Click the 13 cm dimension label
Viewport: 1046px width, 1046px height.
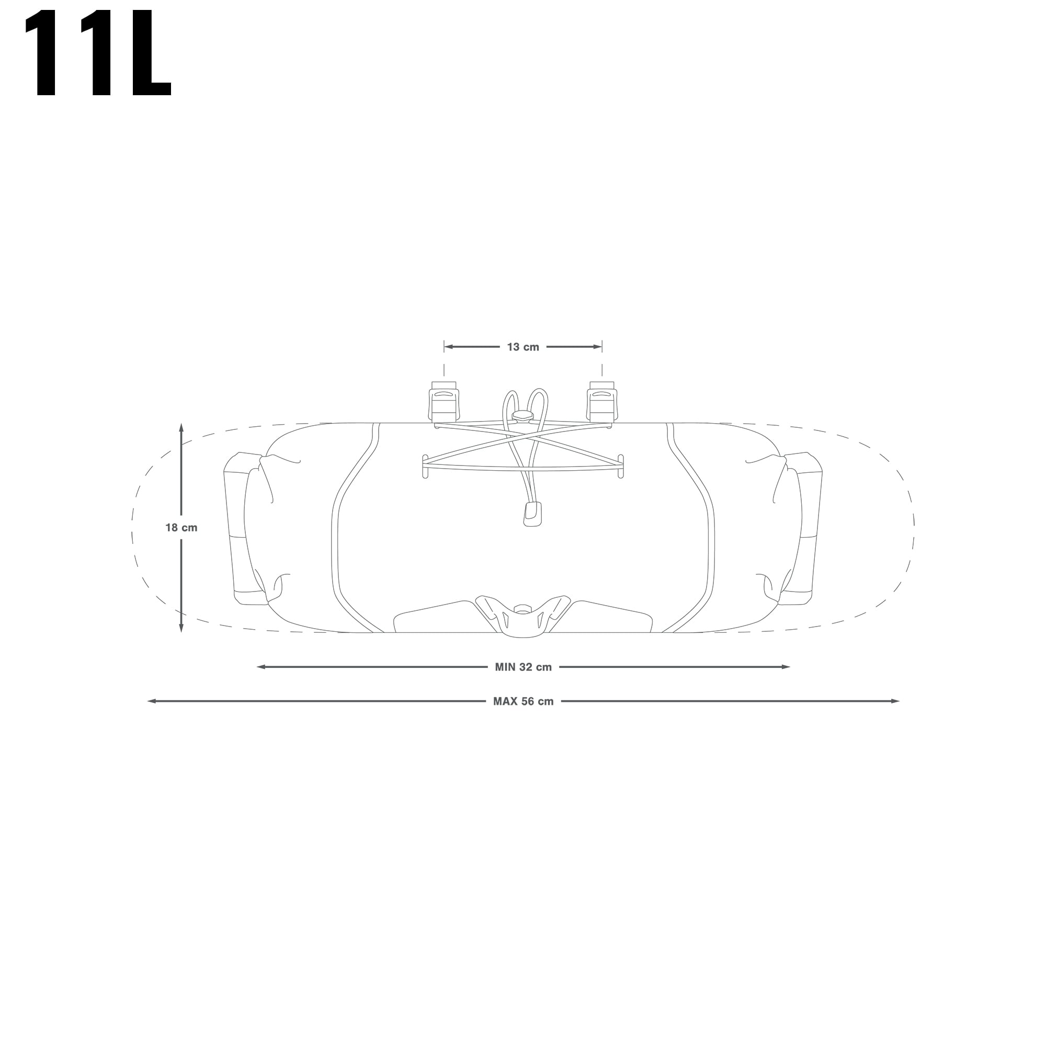(x=523, y=347)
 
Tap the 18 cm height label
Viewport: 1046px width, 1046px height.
(x=181, y=527)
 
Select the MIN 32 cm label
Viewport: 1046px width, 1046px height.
(x=523, y=667)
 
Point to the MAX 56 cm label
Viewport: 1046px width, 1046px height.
(x=523, y=702)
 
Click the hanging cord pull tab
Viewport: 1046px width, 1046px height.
(x=532, y=513)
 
